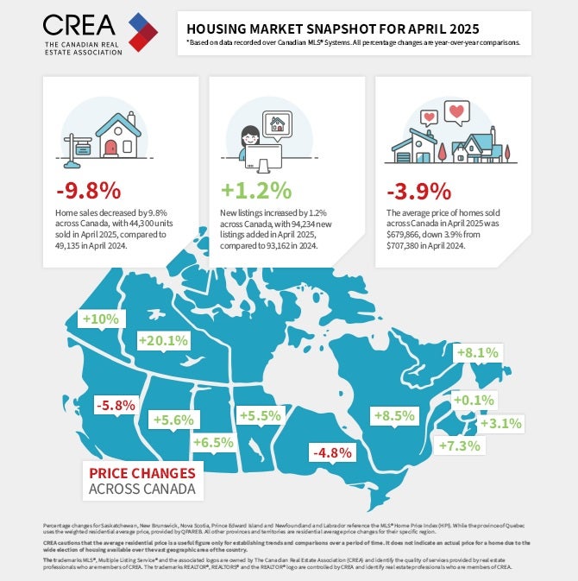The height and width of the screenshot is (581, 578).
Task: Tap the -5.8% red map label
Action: (x=116, y=404)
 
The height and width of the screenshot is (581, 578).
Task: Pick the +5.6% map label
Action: (x=174, y=420)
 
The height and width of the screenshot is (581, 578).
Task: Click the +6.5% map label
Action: (x=213, y=442)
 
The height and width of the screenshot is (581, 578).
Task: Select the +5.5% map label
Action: (x=261, y=416)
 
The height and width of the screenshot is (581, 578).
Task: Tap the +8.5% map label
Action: (x=395, y=415)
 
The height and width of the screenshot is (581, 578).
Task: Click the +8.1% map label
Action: (x=477, y=352)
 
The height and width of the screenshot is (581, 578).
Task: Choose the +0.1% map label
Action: (x=473, y=401)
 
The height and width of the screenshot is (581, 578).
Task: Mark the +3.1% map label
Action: (x=500, y=423)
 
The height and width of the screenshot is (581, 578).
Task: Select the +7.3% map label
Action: (x=459, y=445)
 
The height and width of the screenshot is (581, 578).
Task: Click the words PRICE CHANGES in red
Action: (x=142, y=473)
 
